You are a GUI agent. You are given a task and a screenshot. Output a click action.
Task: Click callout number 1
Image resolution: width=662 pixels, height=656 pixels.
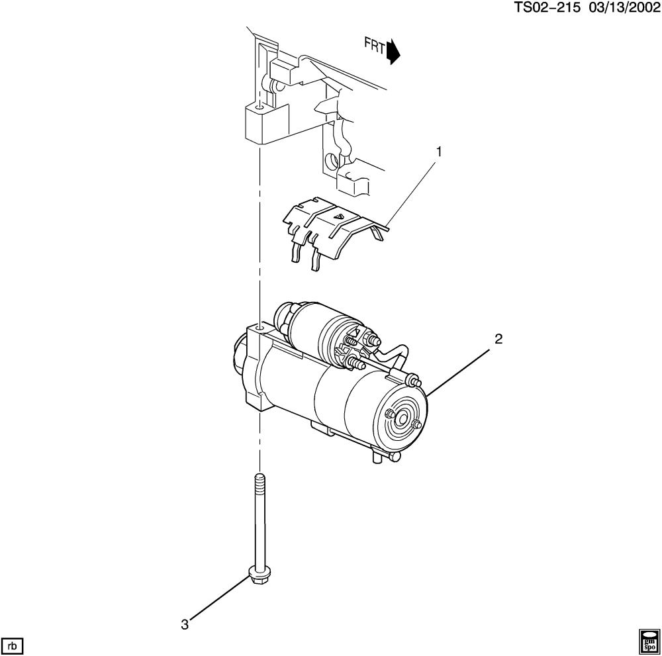click(x=439, y=152)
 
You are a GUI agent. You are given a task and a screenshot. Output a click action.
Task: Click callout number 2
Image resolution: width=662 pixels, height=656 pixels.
click(x=498, y=339)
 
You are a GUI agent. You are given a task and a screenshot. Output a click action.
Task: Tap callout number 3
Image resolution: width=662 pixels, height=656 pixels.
click(x=185, y=625)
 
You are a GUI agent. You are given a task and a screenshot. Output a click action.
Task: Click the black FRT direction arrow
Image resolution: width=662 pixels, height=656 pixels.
click(x=393, y=52)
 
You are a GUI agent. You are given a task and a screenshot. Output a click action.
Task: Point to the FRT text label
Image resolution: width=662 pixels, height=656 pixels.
click(x=375, y=45)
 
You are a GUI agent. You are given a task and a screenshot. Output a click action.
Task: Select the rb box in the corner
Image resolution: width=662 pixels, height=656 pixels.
click(x=13, y=646)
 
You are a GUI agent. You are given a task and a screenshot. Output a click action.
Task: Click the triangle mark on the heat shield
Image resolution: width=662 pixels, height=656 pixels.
click(x=338, y=216)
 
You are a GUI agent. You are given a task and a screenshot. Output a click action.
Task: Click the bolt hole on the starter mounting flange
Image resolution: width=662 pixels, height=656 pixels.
click(x=260, y=327)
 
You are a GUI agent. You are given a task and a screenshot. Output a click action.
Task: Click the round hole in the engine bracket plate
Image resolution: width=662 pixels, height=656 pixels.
click(x=332, y=160)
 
